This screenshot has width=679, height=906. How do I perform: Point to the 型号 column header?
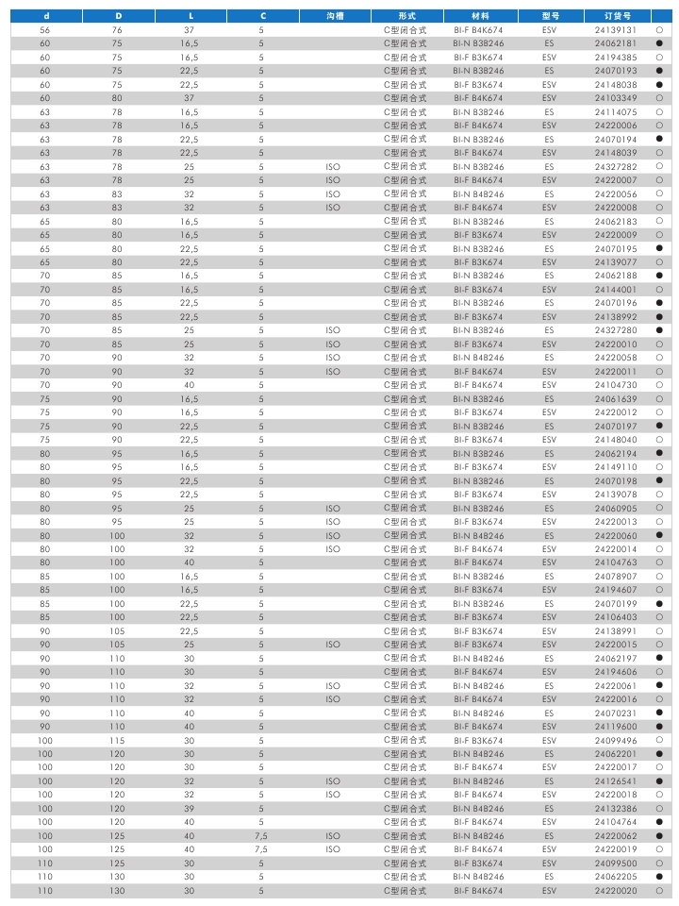point(550,16)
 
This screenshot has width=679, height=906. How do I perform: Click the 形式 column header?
point(405,16)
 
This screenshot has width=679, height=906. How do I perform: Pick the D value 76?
point(117,30)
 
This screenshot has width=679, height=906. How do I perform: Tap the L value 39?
point(190,809)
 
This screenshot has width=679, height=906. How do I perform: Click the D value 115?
point(117,741)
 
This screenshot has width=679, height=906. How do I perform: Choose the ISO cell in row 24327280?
point(332,330)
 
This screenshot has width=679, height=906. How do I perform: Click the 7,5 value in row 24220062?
point(262,836)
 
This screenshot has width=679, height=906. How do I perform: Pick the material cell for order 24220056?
point(478,193)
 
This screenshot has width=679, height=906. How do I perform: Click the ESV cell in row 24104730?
point(550,385)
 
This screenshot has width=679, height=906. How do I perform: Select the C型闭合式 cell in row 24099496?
point(405,741)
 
